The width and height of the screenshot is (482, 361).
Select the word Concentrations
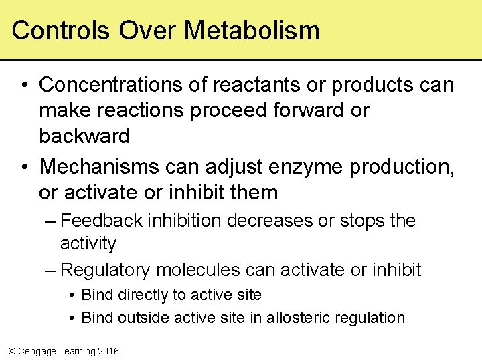tap(123, 85)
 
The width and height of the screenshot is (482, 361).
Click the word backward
tap(84, 136)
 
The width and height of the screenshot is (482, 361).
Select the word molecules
tap(197, 270)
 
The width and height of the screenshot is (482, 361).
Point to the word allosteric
tap(299, 318)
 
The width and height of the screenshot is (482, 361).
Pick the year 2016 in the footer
tap(107, 351)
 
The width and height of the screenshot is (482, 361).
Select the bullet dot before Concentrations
tap(23, 86)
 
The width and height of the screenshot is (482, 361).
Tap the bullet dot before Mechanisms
tap(23, 167)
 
